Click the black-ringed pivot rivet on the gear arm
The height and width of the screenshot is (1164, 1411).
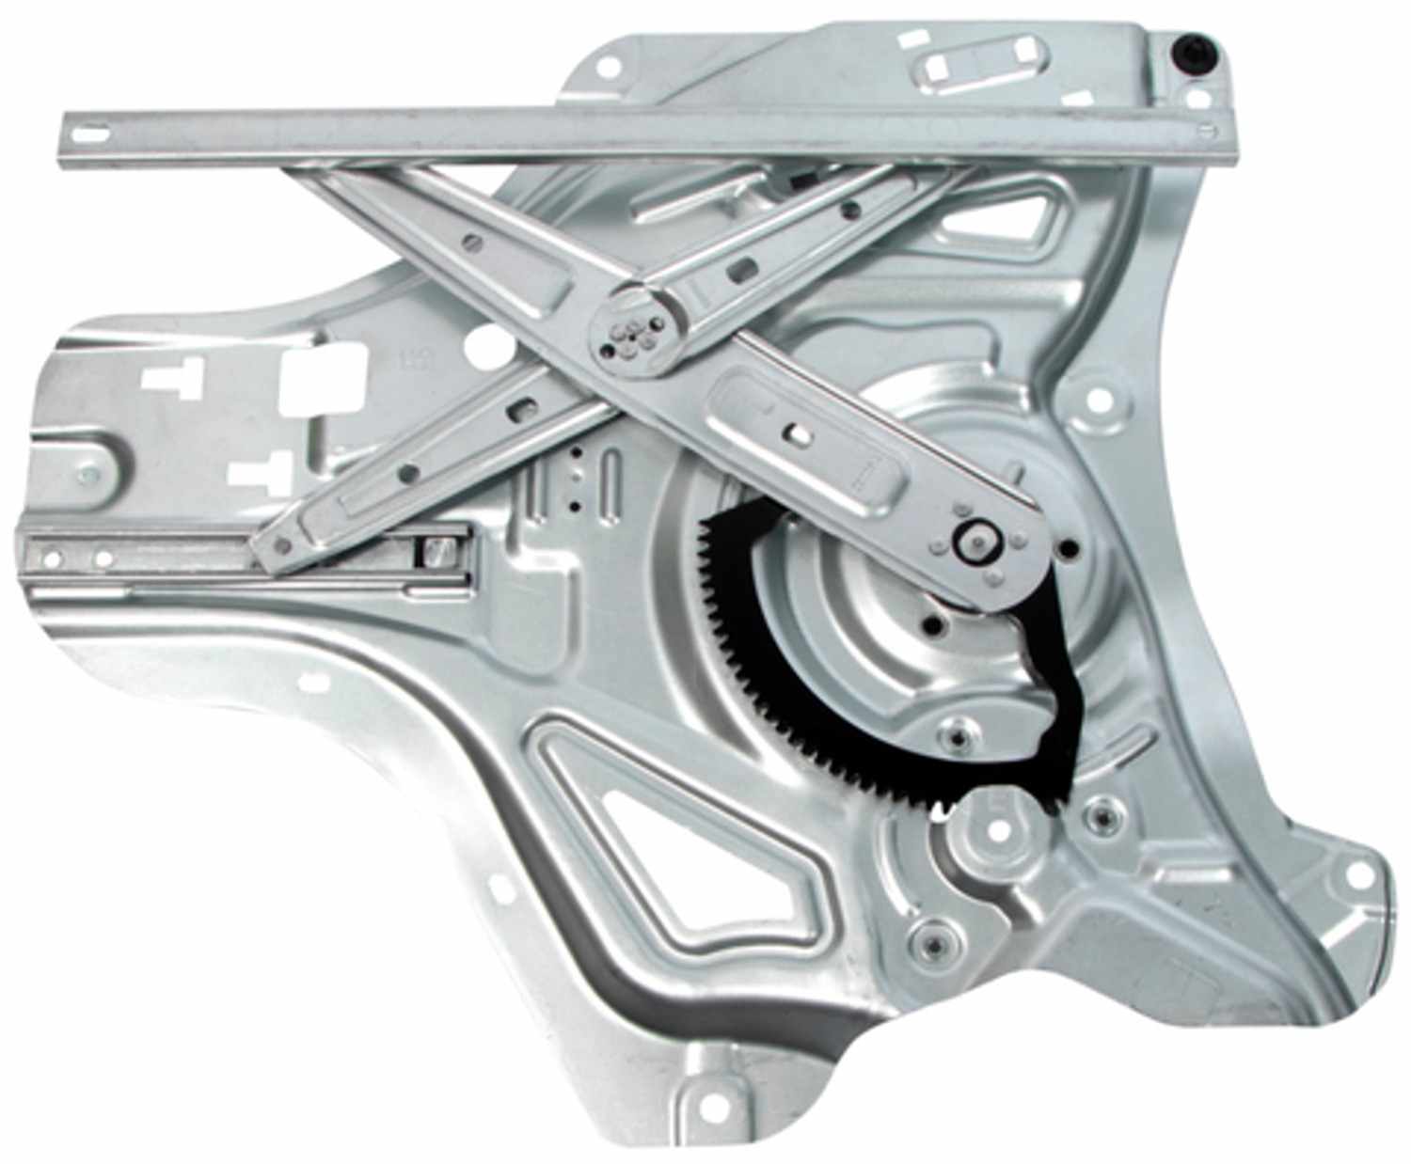coord(975,543)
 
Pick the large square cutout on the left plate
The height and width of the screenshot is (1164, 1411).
coord(323,380)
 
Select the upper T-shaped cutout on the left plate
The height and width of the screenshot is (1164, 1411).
coord(172,378)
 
